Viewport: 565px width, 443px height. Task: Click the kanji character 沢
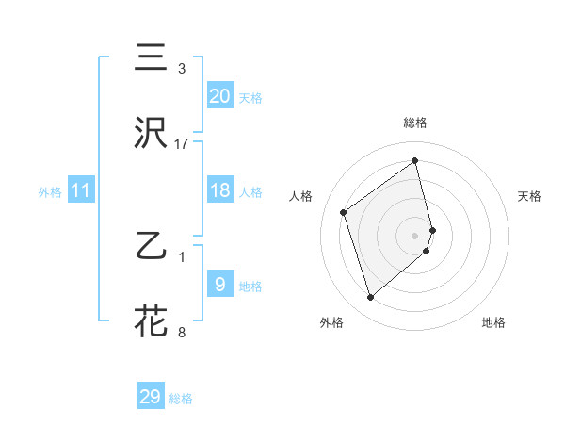(152, 133)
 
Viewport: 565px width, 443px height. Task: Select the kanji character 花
(152, 320)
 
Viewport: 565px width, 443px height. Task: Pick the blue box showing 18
(219, 190)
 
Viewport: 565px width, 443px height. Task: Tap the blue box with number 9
(219, 284)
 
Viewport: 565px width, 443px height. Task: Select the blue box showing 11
(81, 191)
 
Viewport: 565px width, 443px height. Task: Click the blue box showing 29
(151, 397)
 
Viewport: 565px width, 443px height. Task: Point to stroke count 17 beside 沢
(182, 144)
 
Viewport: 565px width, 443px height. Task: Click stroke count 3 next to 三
(182, 69)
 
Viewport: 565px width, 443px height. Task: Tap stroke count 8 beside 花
(182, 331)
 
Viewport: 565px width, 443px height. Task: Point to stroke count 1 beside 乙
(182, 256)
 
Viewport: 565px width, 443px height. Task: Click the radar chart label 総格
(415, 123)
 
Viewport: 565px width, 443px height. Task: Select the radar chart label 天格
(529, 196)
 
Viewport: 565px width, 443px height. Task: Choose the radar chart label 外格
(331, 322)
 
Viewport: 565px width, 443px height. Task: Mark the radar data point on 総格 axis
(415, 161)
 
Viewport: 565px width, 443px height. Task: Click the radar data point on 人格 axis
(344, 212)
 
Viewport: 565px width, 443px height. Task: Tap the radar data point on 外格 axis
(370, 298)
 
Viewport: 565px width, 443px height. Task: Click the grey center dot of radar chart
(415, 235)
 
